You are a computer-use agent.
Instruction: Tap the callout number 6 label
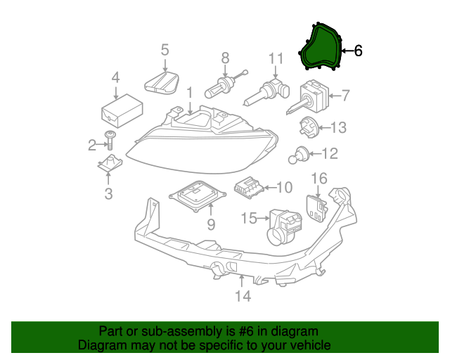(358, 51)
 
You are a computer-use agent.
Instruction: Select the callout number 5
(165, 50)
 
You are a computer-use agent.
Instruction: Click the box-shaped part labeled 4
(121, 109)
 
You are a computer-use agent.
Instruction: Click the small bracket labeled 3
(109, 166)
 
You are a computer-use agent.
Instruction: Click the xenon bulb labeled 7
(309, 97)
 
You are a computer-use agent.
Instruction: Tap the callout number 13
(338, 127)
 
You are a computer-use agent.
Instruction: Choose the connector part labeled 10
(248, 188)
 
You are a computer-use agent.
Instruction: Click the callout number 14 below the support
(243, 296)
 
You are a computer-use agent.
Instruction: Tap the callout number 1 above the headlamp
(189, 92)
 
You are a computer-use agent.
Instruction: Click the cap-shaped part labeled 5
(162, 82)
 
